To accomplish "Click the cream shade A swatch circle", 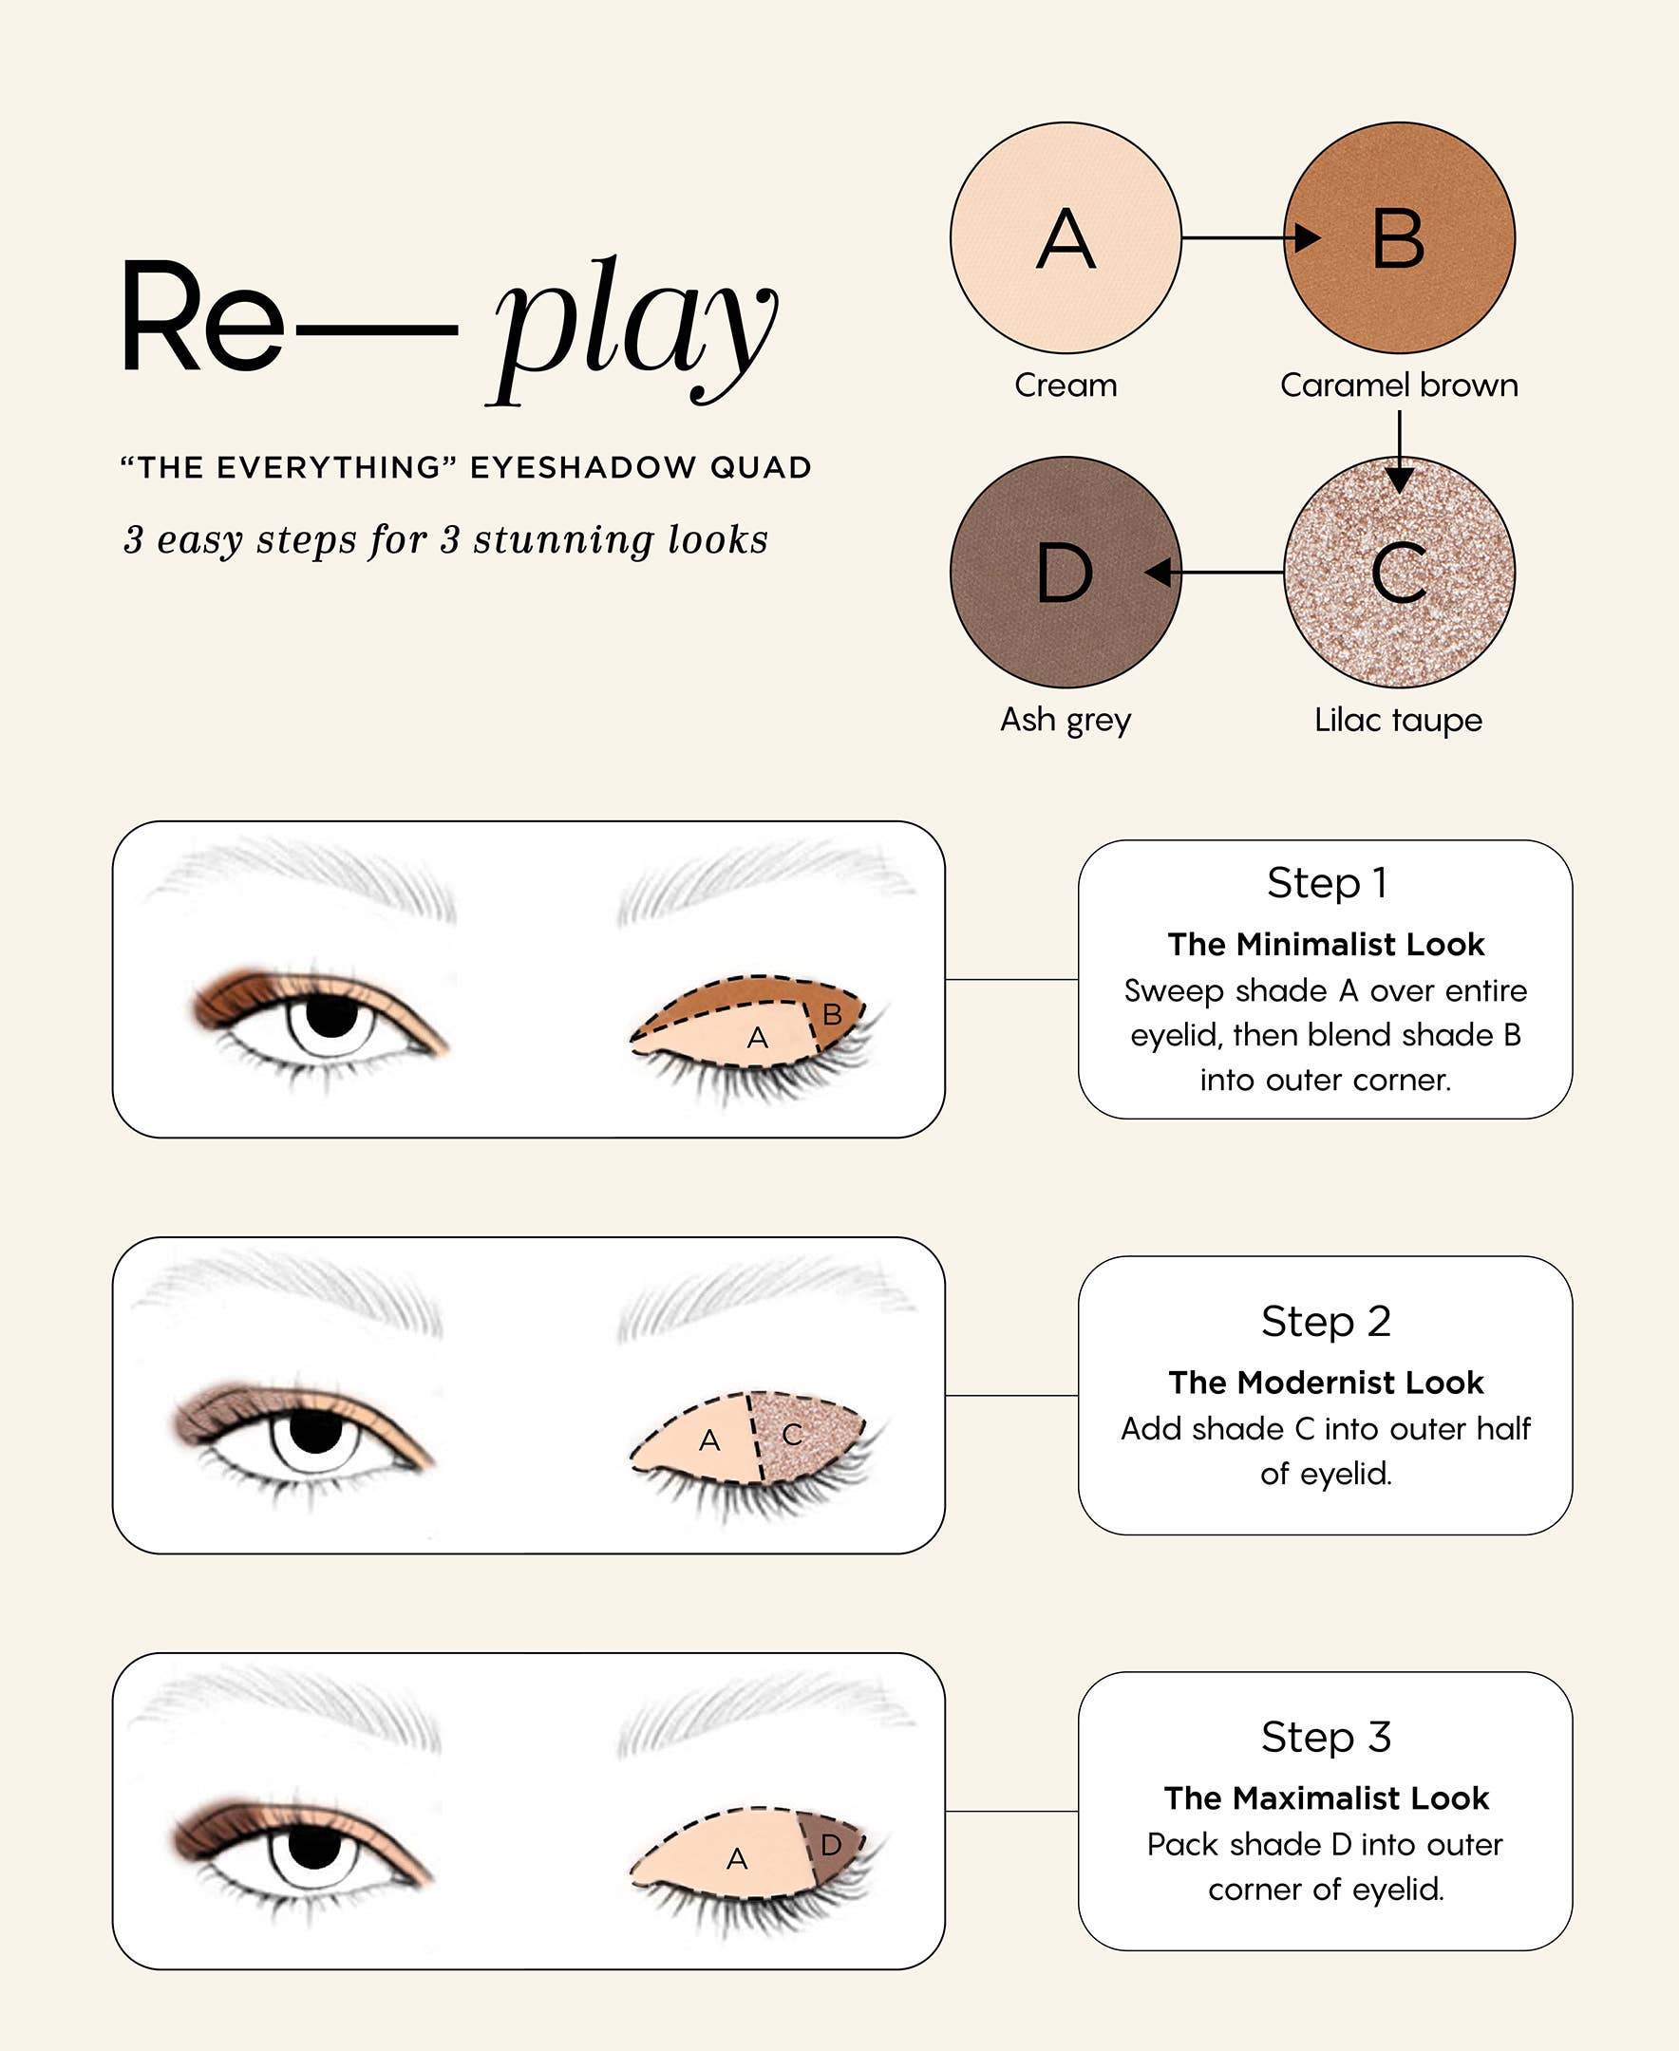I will coord(1065,238).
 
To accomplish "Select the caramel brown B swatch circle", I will coord(1399,238).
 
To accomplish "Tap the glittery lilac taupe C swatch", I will coord(1399,573).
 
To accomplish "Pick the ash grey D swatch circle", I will coord(1065,573).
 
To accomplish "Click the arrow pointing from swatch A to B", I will coord(1248,237).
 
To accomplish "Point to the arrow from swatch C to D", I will coord(1218,573).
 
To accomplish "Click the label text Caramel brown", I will coord(1399,385).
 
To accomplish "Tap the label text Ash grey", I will coord(1065,720).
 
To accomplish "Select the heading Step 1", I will coord(1326,882).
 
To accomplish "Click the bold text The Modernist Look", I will coord(1325,1382).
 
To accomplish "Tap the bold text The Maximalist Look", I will coord(1325,1797).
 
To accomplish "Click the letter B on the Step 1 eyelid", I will coord(832,1014).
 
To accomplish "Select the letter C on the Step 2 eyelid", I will coord(792,1434).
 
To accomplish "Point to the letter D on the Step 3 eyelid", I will coord(830,1845).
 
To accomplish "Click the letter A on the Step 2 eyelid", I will coord(709,1440).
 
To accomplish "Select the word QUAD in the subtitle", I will coord(760,468).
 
